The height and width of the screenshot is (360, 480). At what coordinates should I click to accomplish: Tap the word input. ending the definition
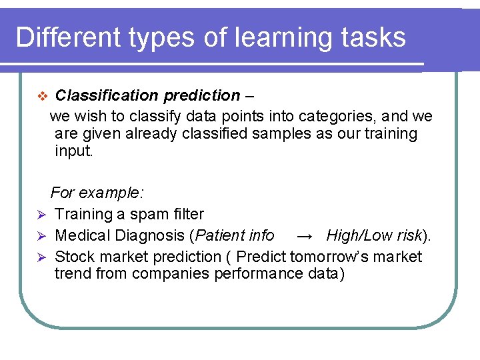(x=75, y=151)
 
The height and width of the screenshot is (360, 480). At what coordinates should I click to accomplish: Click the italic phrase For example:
(x=97, y=193)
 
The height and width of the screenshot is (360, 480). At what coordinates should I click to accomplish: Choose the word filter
(x=188, y=214)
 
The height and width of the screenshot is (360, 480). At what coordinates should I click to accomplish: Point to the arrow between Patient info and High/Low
(x=304, y=236)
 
